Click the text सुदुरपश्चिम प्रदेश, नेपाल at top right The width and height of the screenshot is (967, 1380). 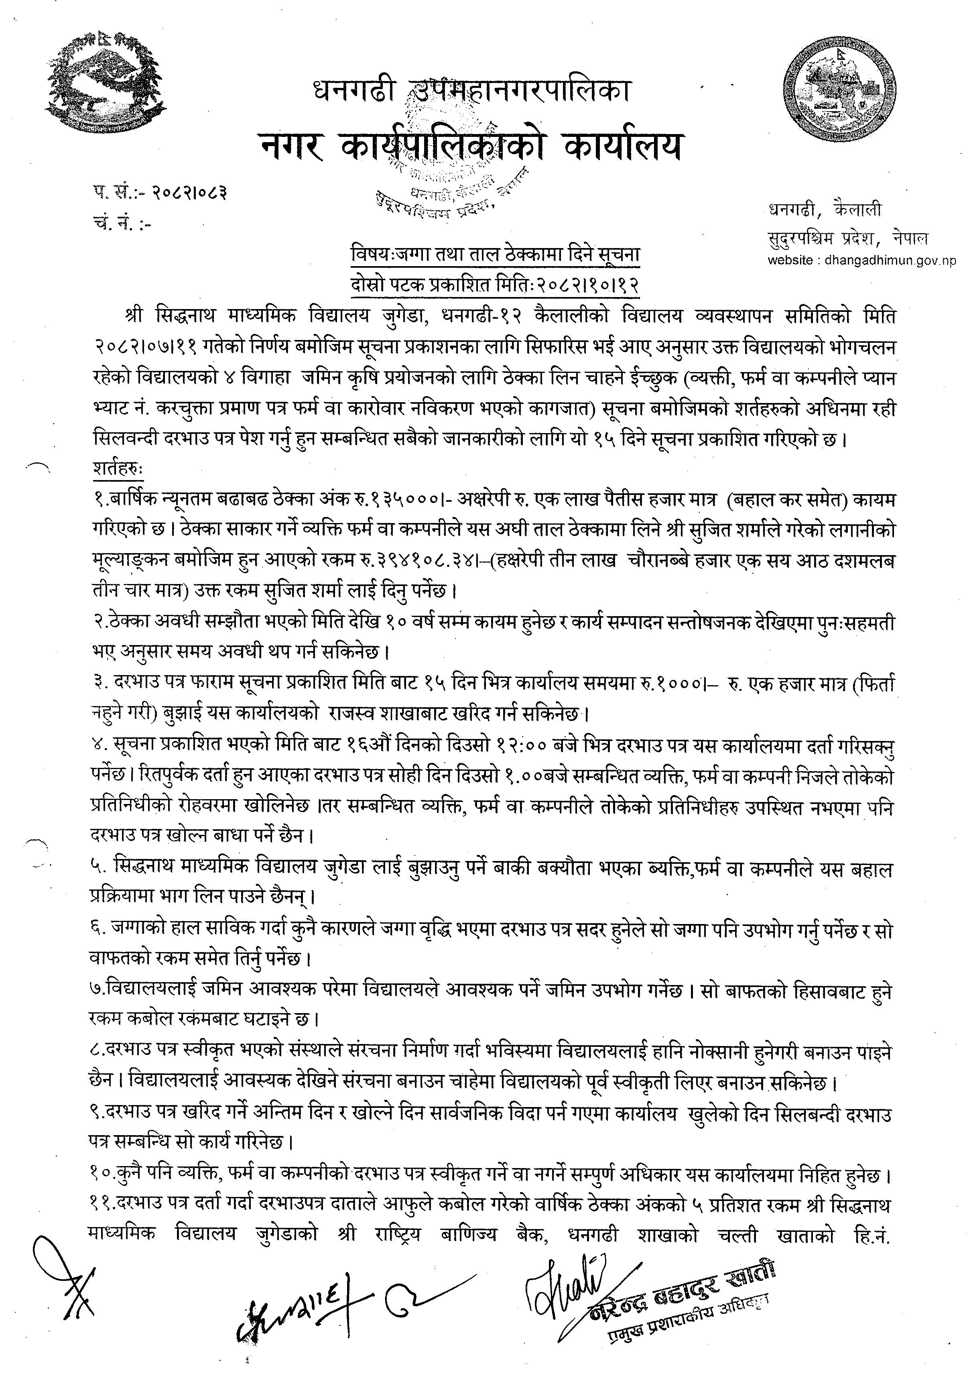[x=848, y=238]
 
